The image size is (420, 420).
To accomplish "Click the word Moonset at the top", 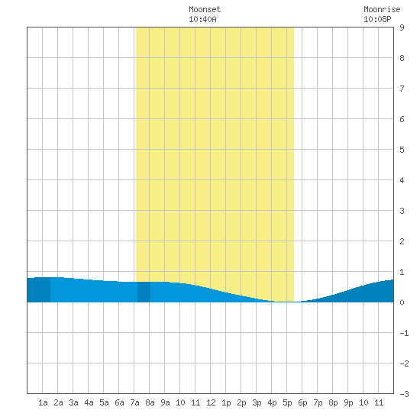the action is pyautogui.click(x=205, y=9).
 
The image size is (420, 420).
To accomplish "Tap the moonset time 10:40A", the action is pyautogui.click(x=202, y=19).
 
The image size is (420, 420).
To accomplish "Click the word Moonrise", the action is pyautogui.click(x=382, y=9).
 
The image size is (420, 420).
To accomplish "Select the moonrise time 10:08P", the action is pyautogui.click(x=377, y=19).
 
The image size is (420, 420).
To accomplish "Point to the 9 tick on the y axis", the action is pyautogui.click(x=402, y=27).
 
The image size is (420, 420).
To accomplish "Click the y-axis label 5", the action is pyautogui.click(x=402, y=150).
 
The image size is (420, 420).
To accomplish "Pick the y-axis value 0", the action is pyautogui.click(x=402, y=302).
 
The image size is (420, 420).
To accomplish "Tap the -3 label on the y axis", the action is pyautogui.click(x=404, y=394).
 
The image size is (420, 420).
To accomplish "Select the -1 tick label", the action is pyautogui.click(x=404, y=333).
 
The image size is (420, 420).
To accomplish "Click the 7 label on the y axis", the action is pyautogui.click(x=402, y=89).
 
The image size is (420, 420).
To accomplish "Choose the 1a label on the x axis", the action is pyautogui.click(x=43, y=402).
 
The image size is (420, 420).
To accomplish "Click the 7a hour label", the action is pyautogui.click(x=134, y=402).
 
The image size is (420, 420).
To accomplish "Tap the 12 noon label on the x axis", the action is pyautogui.click(x=211, y=402).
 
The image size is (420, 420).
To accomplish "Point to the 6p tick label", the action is pyautogui.click(x=302, y=402).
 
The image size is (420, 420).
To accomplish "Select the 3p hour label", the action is pyautogui.click(x=257, y=402).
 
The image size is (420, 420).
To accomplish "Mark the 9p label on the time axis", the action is pyautogui.click(x=348, y=402).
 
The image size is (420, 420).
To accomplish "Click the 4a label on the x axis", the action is pyautogui.click(x=89, y=402).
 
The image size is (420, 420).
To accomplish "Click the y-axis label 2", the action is pyautogui.click(x=402, y=241).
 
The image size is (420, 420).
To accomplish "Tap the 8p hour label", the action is pyautogui.click(x=333, y=402).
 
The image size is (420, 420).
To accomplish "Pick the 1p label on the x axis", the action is pyautogui.click(x=226, y=402).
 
